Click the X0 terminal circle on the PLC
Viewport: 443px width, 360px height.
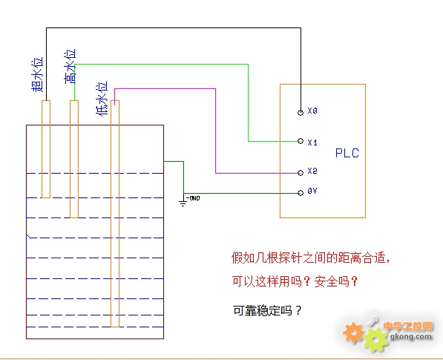pos(301,113)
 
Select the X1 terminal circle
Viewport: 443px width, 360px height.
pos(301,141)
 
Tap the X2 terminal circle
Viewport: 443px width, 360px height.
pos(301,173)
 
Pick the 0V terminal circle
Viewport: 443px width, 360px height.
pos(301,193)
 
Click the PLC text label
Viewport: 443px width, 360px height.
pos(347,153)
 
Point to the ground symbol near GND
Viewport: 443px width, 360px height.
pos(183,203)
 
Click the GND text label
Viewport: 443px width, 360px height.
pos(194,198)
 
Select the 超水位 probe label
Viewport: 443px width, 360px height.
pos(37,75)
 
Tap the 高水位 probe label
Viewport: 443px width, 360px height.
pos(70,66)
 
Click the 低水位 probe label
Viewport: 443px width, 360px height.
pos(102,99)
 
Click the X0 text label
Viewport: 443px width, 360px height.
pos(312,111)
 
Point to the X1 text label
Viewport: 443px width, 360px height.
pos(312,143)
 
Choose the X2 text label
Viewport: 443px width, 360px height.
pos(312,171)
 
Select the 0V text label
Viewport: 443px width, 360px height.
pos(312,192)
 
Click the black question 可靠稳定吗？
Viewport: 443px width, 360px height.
pos(267,311)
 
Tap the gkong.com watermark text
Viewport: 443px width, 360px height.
pos(411,336)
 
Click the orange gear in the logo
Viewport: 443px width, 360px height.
pos(353,333)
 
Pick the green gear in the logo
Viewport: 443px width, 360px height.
pos(375,339)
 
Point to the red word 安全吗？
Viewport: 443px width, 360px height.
pos(336,281)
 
